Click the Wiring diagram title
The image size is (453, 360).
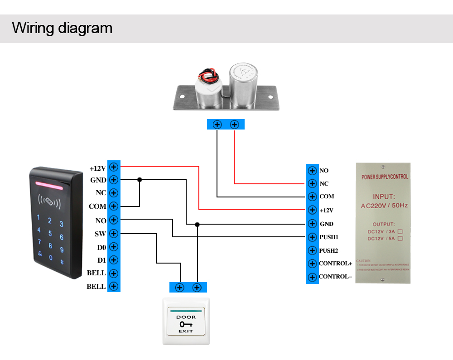tap(62, 28)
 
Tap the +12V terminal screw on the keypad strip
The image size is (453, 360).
tap(114, 167)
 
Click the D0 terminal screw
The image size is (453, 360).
tap(114, 247)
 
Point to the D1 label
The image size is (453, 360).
tap(101, 260)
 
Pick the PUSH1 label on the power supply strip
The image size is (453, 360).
tap(329, 237)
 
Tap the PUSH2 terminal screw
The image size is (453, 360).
tap(312, 250)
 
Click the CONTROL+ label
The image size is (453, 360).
tap(336, 264)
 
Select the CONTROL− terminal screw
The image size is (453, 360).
tap(312, 277)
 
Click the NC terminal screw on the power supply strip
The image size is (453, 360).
tap(312, 183)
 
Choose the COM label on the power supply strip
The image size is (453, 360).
tap(327, 197)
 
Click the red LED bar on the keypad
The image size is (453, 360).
tap(48, 185)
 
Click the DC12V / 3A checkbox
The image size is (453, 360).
tap(400, 231)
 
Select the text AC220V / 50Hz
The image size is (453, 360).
tap(384, 206)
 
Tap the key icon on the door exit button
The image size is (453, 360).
tap(186, 324)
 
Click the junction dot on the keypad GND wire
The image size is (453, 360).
tap(140, 180)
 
